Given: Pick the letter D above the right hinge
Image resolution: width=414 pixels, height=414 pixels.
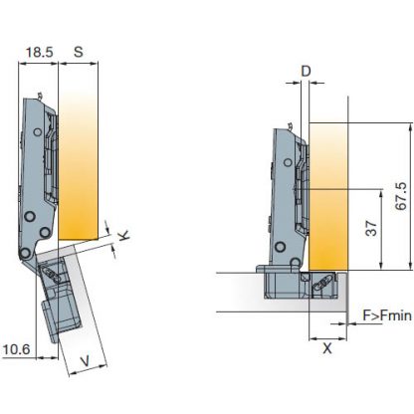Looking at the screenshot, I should pos(306,72).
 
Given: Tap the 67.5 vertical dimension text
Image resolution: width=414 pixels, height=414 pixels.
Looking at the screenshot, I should pos(400,195).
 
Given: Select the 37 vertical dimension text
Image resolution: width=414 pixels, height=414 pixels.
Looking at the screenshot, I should pos(370,228).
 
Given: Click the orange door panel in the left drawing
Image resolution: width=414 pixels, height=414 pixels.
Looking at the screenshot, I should pos(80,159).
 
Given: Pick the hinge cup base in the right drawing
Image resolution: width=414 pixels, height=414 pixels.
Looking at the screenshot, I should pos(299,284).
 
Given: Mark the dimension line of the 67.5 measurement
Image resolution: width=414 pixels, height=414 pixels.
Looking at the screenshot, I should pos(409,194).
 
